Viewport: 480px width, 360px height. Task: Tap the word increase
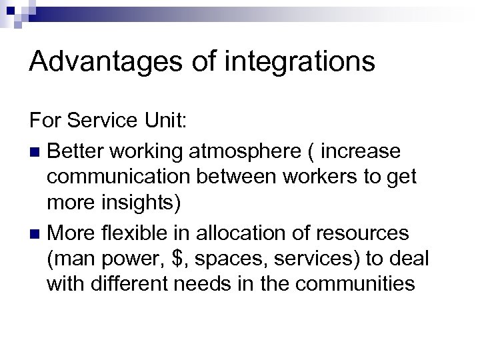[361, 152]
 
